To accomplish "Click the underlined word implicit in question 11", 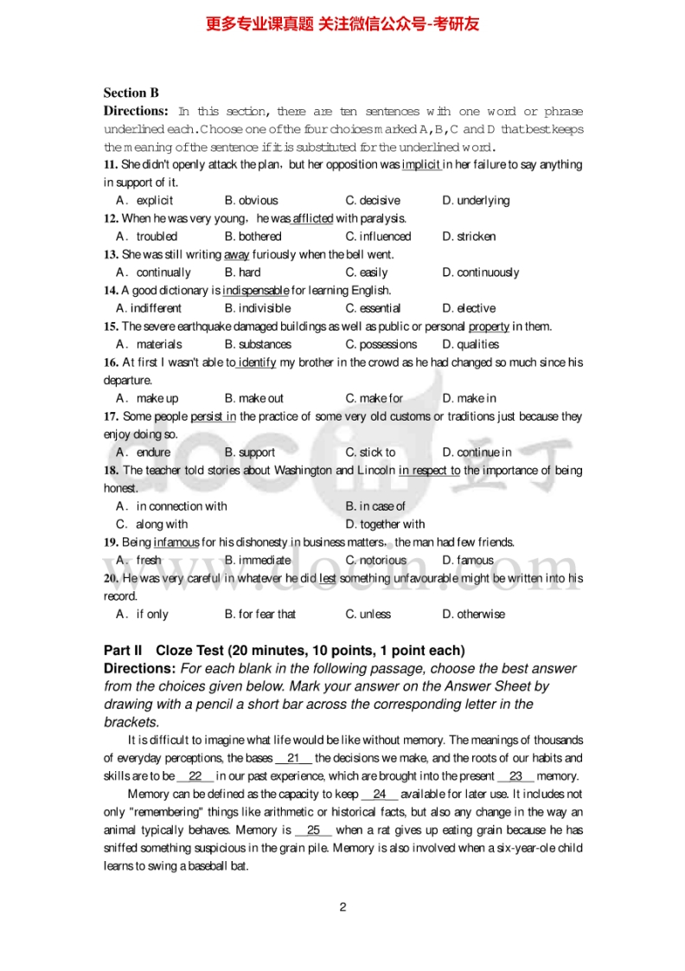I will click(x=421, y=164).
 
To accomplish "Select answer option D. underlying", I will click(x=476, y=201).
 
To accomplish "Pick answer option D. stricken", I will click(x=469, y=236).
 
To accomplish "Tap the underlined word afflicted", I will click(x=312, y=219).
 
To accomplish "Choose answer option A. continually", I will click(x=153, y=273).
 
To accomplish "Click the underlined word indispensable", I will click(x=255, y=291).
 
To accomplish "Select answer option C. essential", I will click(x=373, y=308).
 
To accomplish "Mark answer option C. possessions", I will click(x=381, y=344).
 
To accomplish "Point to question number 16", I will click(x=111, y=363).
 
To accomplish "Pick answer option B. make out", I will click(x=253, y=399).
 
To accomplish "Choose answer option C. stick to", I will click(x=370, y=453).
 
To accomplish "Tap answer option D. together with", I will click(x=385, y=524).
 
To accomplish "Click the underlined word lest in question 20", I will click(x=328, y=578).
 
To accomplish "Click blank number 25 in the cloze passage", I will click(x=313, y=831).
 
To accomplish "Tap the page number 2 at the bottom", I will click(x=342, y=907).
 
